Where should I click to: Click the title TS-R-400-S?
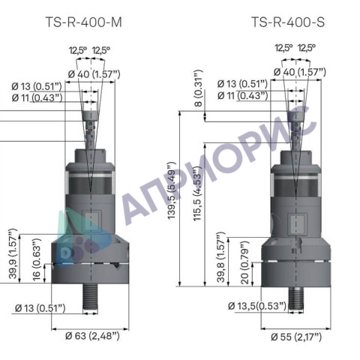coord(288,22)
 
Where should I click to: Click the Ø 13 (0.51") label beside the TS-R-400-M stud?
coord(40,307)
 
